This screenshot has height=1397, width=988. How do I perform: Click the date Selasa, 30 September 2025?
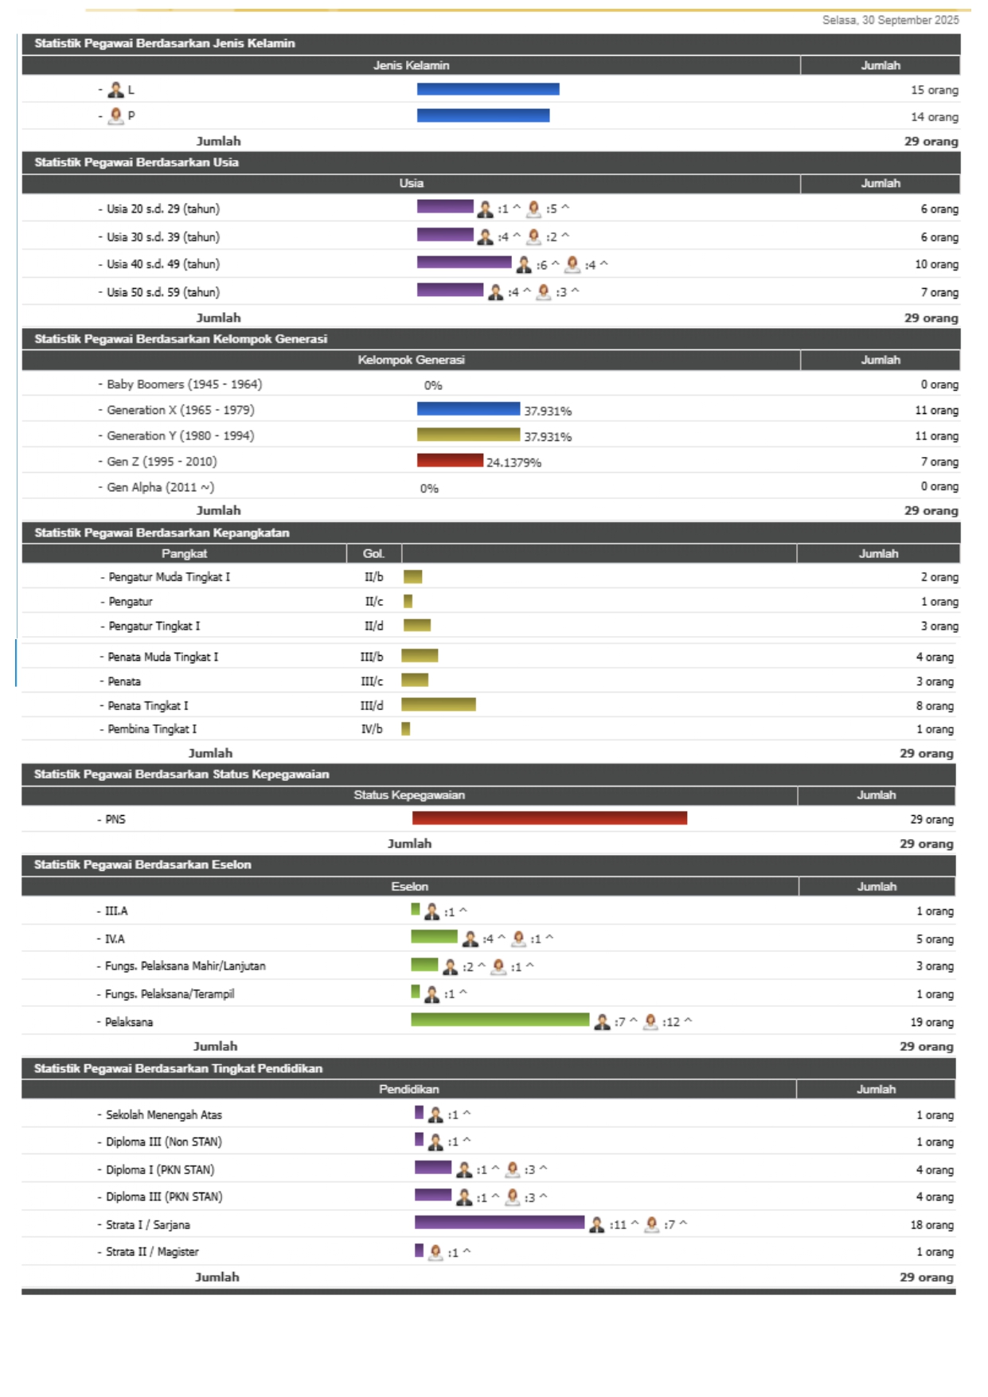890,20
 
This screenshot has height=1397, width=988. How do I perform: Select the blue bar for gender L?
487,89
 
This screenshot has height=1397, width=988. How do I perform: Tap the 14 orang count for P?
934,117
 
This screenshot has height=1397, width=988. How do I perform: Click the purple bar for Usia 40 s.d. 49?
463,263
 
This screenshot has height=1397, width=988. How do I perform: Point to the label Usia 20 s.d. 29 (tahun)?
163,209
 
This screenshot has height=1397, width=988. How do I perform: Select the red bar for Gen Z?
449,460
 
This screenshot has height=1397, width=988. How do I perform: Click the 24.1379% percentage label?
514,462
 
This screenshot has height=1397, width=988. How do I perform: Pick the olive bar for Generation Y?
467,435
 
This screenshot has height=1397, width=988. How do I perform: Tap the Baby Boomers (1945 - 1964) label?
184,384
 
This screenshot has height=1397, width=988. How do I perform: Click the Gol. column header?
373,554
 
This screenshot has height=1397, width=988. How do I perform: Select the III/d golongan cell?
372,705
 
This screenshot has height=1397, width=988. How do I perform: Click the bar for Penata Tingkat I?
438,704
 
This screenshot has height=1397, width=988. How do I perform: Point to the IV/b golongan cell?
372,729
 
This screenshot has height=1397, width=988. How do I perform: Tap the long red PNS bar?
549,818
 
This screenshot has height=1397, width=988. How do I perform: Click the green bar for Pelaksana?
499,1020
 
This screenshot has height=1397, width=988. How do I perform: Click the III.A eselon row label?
116,911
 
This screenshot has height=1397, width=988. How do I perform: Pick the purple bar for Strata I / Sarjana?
499,1223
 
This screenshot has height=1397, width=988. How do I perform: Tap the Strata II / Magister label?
152,1252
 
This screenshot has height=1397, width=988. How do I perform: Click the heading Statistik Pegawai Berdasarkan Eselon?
143,864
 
